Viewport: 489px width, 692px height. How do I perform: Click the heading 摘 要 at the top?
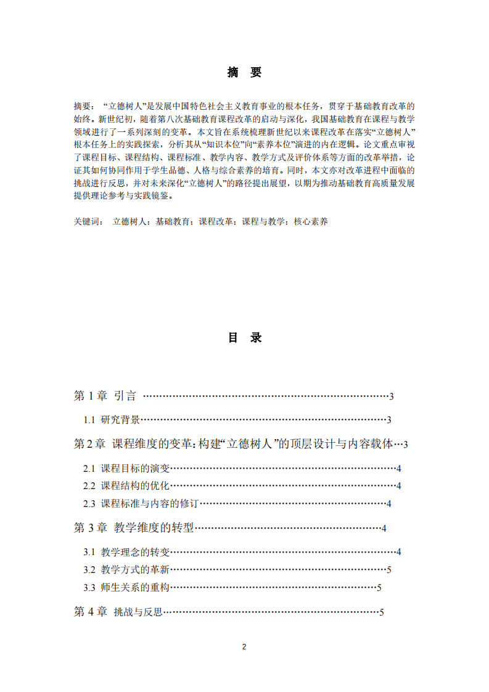244,73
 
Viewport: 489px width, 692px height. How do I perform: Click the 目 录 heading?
244,338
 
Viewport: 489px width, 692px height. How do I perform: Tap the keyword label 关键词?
88,221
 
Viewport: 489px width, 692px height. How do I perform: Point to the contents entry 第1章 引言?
105,396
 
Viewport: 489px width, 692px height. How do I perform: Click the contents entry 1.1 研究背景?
112,420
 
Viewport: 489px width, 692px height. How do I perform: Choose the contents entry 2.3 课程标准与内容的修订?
141,503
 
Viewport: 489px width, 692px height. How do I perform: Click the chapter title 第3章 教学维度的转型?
134,527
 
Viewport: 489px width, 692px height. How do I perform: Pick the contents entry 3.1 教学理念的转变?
126,551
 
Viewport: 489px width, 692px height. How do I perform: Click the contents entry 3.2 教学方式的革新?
126,569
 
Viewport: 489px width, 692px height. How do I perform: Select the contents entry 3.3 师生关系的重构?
126,587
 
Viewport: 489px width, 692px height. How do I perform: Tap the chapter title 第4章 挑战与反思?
118,612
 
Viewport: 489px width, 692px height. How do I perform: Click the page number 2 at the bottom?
244,647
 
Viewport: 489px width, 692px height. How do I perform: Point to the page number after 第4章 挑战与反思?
382,612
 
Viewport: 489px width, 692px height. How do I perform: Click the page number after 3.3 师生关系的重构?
379,588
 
